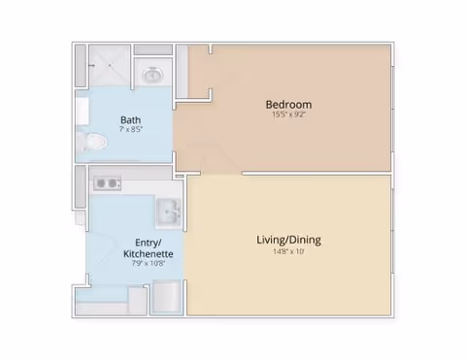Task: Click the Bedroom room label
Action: pos(288,105)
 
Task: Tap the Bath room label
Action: pos(130,120)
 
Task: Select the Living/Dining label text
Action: pos(288,240)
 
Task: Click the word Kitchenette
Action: pos(149,253)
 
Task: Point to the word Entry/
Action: pos(149,243)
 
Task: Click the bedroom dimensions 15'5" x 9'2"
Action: pos(288,115)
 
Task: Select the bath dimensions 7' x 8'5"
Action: pos(131,129)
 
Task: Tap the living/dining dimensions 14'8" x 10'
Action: pos(288,251)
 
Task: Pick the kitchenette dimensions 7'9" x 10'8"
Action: pos(149,263)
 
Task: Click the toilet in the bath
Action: pos(93,142)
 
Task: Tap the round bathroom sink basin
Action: pos(152,75)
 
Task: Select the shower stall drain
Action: pos(110,65)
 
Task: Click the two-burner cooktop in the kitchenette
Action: pos(107,183)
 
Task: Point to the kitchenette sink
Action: pos(169,213)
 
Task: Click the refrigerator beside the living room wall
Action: pos(166,297)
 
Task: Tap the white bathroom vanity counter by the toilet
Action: pos(83,111)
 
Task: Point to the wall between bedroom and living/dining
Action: pos(316,174)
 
